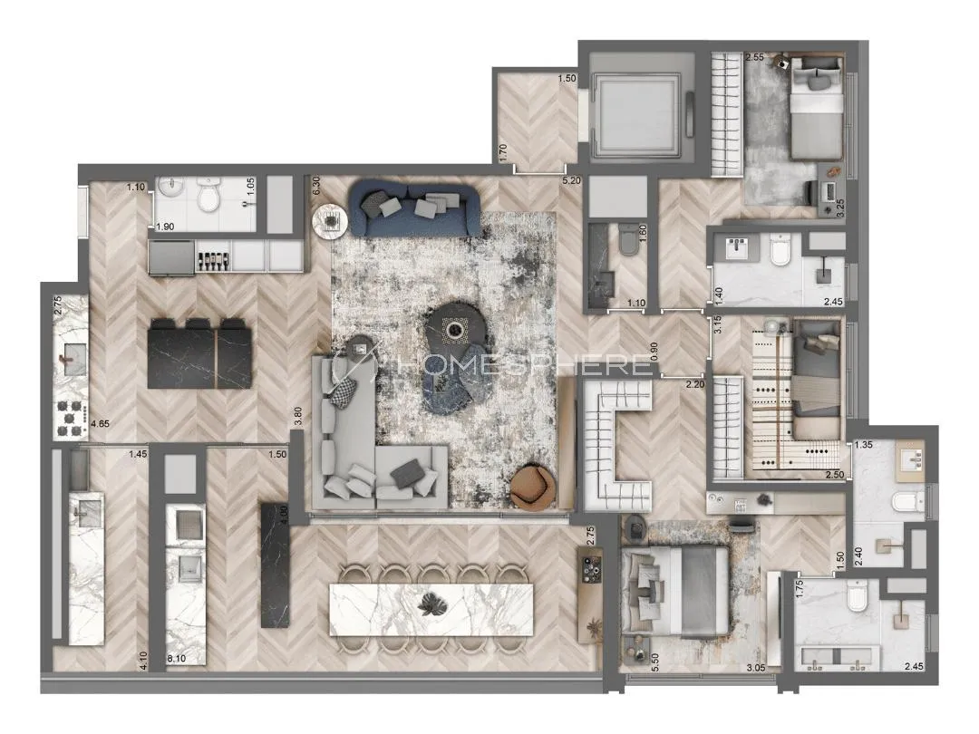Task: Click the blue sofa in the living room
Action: point(415,208)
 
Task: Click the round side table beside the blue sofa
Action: point(328,220)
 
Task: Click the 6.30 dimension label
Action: point(316,186)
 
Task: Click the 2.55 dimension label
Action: point(754,57)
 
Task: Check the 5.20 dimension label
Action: point(571,180)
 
